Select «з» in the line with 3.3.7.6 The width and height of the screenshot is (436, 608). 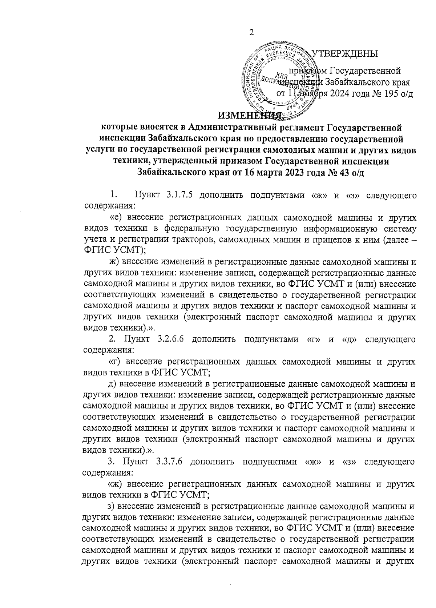[x=349, y=462]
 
